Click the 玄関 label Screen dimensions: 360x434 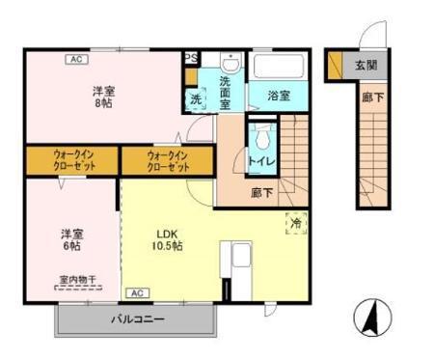point(366,65)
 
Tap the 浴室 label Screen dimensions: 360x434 point(278,97)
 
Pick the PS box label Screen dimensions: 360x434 point(191,58)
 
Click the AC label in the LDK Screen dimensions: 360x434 point(136,292)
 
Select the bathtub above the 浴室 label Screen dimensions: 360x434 point(278,68)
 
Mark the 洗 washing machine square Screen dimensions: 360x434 point(195,98)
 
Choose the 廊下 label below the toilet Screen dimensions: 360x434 point(261,192)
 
